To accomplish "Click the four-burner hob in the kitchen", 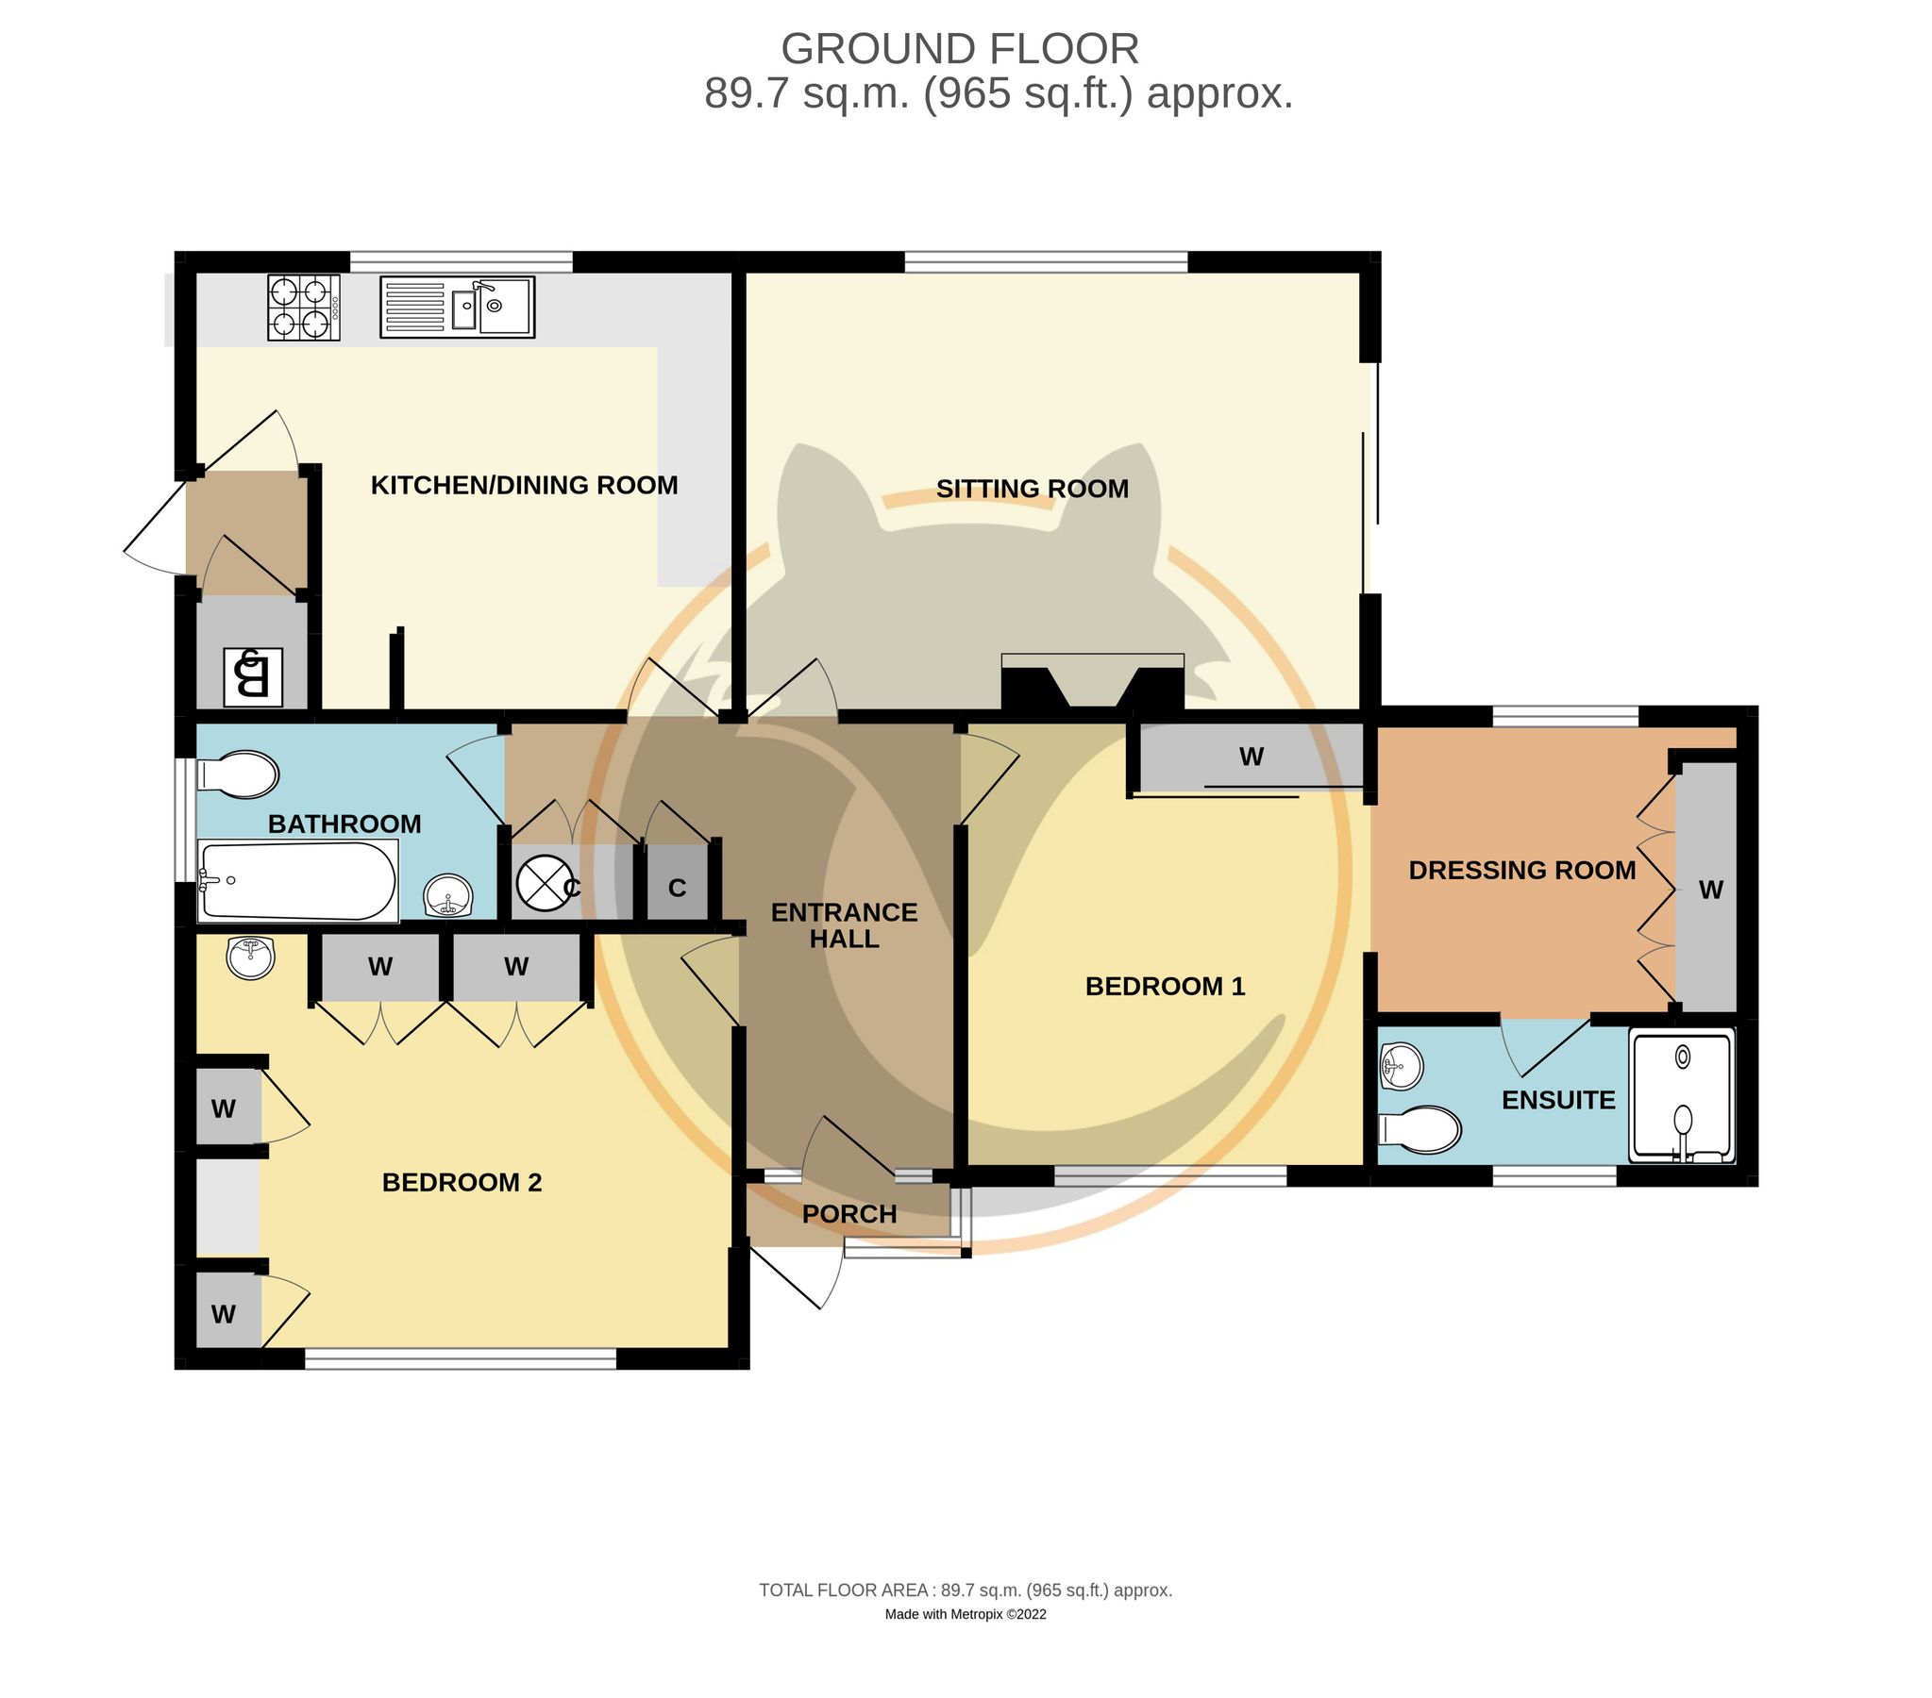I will tap(303, 308).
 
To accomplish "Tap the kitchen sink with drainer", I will tap(458, 308).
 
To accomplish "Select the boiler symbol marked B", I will tap(252, 676).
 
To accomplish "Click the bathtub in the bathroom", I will tap(297, 881).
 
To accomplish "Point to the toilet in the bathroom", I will tap(238, 774).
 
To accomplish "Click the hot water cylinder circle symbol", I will tap(544, 883).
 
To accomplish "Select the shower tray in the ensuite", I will tap(1683, 1095).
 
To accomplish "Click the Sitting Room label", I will tap(1033, 489).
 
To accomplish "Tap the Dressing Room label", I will tap(1521, 871).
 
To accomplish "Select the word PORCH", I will tap(848, 1214).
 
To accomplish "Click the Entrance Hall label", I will tap(844, 925).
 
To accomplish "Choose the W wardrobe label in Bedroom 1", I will tap(1252, 756).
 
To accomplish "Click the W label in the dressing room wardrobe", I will tap(1711, 890).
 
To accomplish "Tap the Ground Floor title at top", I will tap(959, 49).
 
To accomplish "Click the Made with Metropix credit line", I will tap(965, 1614).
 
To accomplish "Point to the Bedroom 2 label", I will tap(462, 1182).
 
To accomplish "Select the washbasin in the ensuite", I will tap(1401, 1065).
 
